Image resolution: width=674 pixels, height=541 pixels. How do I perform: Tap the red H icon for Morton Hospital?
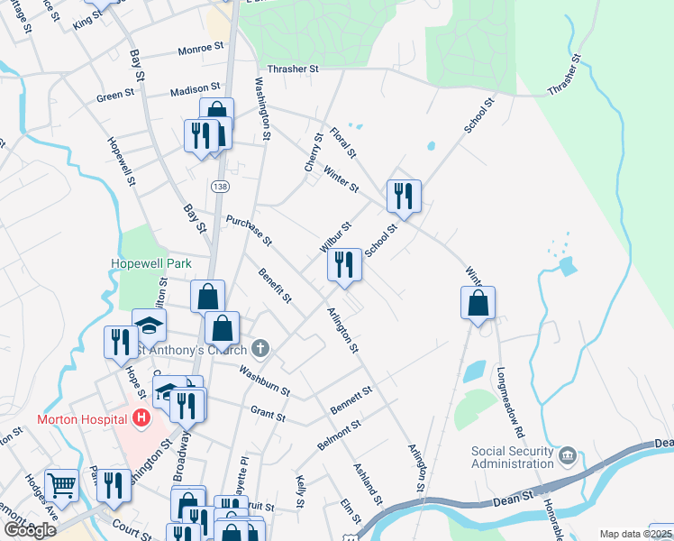tap(141, 417)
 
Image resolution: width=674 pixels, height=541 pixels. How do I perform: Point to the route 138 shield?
tap(220, 186)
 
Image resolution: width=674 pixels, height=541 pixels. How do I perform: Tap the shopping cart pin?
tap(62, 485)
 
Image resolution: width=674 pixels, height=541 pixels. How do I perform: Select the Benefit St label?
tap(276, 284)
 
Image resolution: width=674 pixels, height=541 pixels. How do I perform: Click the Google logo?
tap(30, 529)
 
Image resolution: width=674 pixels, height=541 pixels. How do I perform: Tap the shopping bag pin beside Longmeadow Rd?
tap(478, 304)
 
